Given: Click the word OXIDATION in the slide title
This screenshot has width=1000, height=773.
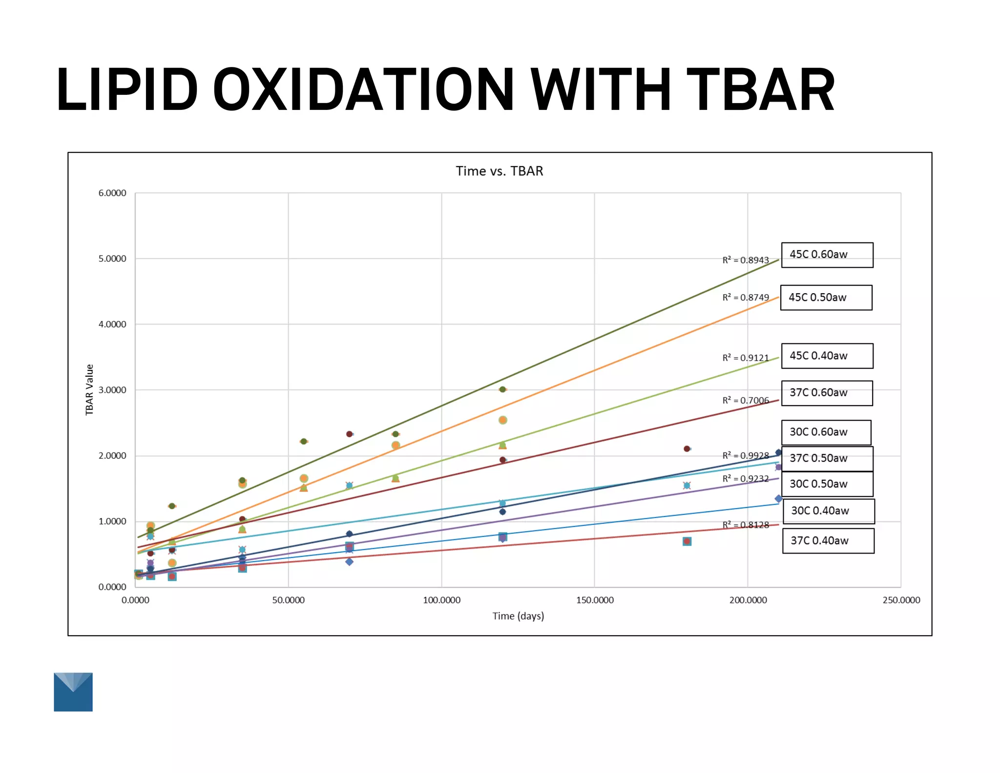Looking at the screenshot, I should [363, 90].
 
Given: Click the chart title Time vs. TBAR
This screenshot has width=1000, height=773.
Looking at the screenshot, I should [499, 171].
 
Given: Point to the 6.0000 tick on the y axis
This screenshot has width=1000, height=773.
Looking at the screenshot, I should [112, 193].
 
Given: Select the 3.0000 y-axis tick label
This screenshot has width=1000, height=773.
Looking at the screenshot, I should [112, 390].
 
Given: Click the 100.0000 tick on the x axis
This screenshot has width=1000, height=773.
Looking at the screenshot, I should [441, 600].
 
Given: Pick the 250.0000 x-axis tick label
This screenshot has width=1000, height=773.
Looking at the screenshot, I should [901, 600].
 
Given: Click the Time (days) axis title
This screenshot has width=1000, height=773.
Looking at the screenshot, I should [518, 616].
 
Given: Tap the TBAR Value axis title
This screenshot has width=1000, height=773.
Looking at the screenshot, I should [89, 389].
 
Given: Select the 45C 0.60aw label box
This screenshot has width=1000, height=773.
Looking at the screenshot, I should [827, 255].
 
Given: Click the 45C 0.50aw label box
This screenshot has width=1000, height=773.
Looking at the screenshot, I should [826, 297].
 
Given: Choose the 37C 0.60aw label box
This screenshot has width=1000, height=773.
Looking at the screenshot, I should [827, 393].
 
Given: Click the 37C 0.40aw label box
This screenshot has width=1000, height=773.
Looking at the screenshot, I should [828, 540].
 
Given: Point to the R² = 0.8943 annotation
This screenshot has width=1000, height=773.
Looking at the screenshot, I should [745, 260].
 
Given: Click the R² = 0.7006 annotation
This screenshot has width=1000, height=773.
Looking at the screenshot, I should [745, 401].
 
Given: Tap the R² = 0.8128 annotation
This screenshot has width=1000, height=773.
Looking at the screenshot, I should [745, 525].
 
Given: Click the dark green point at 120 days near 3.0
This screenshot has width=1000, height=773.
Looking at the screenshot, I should [502, 389].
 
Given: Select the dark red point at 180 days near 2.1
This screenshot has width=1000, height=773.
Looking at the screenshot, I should [687, 449].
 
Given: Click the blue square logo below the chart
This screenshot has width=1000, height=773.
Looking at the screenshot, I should [73, 692].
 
